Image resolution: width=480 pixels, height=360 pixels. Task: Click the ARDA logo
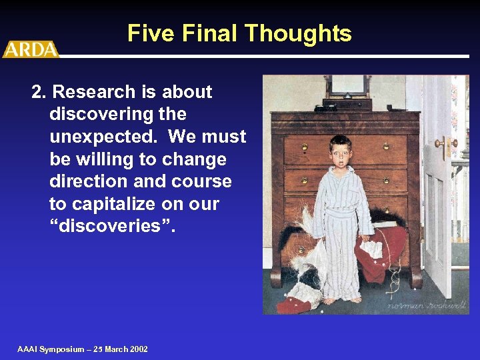[x=30, y=49]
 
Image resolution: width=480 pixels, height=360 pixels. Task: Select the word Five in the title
[x=149, y=33]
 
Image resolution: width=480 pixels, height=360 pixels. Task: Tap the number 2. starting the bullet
[x=39, y=92]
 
